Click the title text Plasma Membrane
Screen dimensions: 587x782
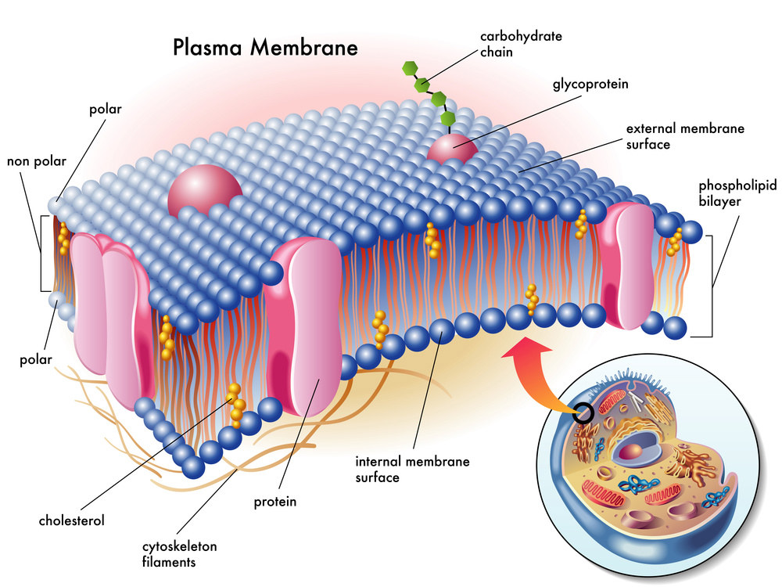pyautogui.click(x=265, y=47)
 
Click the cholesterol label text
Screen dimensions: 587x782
pyautogui.click(x=71, y=520)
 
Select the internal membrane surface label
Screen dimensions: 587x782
pyautogui.click(x=412, y=469)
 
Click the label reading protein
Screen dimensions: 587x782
pyautogui.click(x=275, y=502)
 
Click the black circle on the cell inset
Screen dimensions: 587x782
pyautogui.click(x=583, y=412)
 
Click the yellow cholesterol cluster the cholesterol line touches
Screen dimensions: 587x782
pyautogui.click(x=236, y=399)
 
